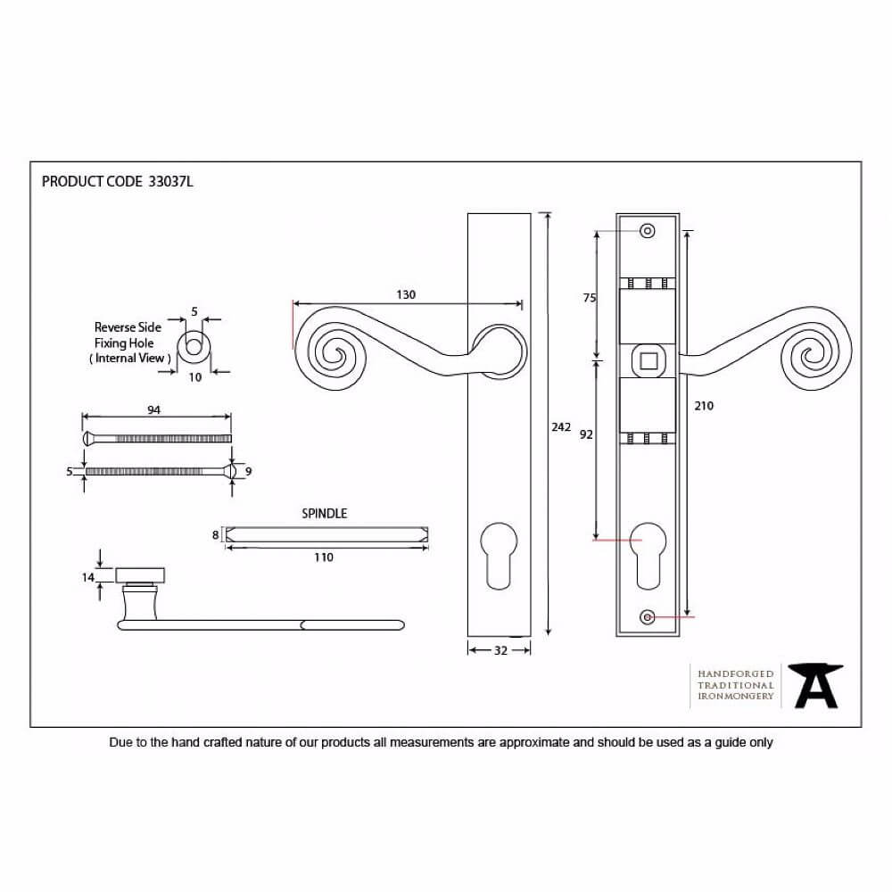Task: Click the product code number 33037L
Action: point(170,181)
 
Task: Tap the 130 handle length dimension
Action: point(406,294)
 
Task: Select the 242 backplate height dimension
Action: point(561,426)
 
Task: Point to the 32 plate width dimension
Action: point(500,650)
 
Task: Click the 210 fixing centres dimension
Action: point(704,406)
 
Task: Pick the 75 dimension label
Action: point(590,298)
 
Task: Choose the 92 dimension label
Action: point(586,434)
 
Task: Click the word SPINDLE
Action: point(325,513)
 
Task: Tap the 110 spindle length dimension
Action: point(324,557)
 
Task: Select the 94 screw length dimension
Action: point(153,409)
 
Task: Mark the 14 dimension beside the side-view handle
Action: point(87,577)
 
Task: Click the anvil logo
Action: point(816,685)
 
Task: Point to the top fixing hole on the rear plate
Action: point(648,230)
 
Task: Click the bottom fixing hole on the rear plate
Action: point(647,616)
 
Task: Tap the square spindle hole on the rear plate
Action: point(648,360)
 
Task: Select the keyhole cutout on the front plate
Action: point(499,556)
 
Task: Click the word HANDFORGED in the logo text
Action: point(736,674)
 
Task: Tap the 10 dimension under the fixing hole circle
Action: point(195,377)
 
